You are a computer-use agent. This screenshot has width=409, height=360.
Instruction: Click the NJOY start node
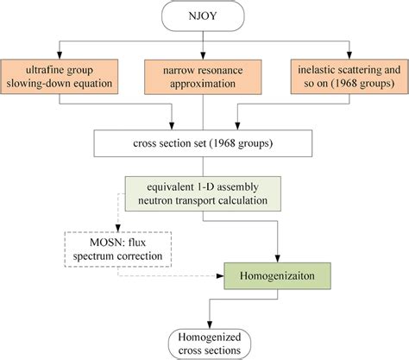point(204,15)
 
